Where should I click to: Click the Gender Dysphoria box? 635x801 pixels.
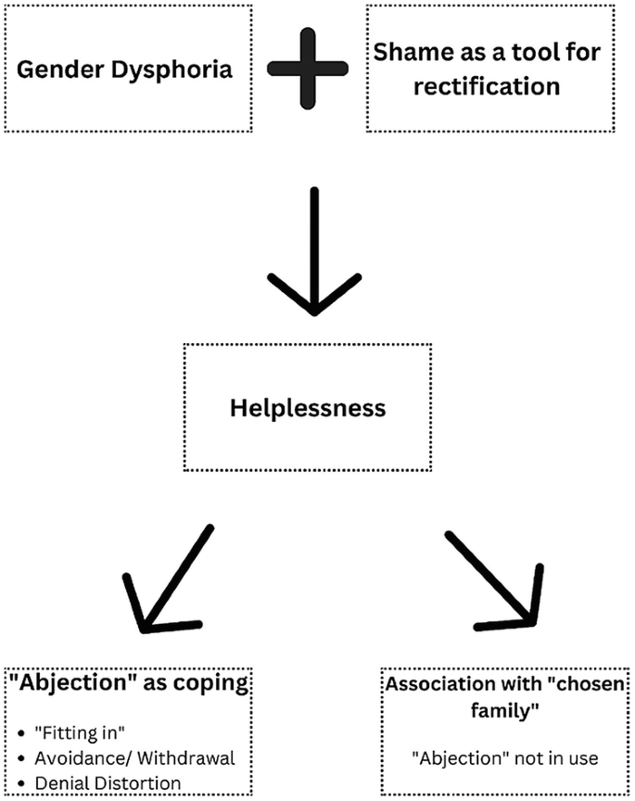click(x=127, y=69)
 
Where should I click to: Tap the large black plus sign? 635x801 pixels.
click(x=308, y=69)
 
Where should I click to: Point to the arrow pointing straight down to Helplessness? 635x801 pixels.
click(x=314, y=250)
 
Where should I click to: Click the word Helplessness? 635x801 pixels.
click(x=310, y=407)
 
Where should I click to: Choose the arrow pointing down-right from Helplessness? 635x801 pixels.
click(x=491, y=579)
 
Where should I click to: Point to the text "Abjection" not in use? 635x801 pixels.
click(x=506, y=757)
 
